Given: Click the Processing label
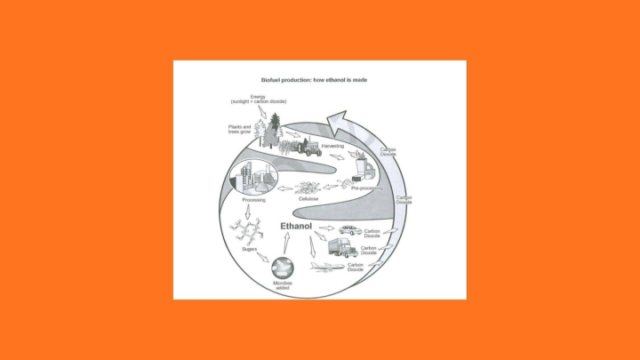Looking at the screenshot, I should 242,200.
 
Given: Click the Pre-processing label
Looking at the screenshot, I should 366,188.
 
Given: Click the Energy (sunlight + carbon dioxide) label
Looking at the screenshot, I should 258,100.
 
